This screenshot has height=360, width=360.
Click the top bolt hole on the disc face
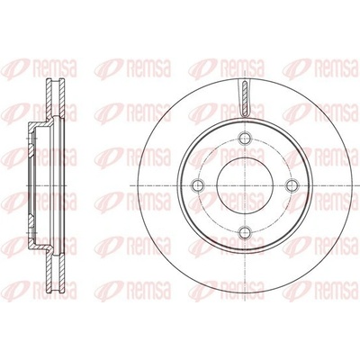(x=246, y=138)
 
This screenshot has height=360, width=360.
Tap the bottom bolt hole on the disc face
(x=246, y=231)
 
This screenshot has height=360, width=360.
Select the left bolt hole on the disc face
(x=198, y=185)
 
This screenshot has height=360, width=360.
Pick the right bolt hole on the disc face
(x=292, y=185)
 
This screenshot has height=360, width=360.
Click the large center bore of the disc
(x=245, y=185)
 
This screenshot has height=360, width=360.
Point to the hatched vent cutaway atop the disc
(x=245, y=98)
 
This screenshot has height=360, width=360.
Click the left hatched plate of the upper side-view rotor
(x=49, y=100)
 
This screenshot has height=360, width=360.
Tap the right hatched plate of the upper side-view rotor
(x=62, y=100)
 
